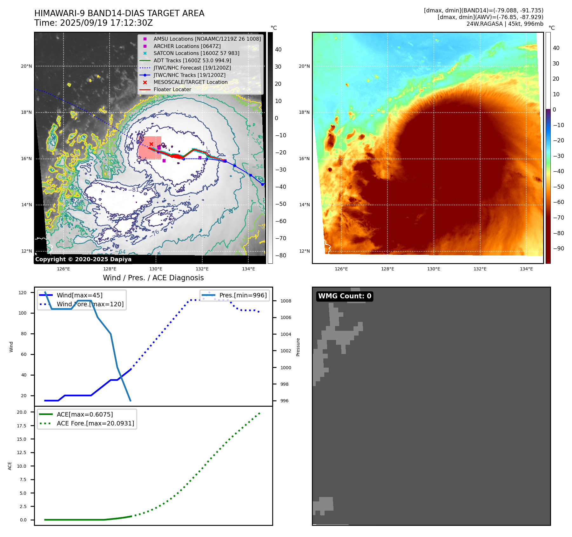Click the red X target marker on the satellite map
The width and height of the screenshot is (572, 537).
151,144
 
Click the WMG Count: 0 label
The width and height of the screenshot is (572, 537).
345,296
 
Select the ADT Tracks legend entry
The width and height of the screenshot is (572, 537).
192,60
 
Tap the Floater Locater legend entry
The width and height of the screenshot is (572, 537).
172,89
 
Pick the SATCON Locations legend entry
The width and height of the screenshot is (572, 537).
196,53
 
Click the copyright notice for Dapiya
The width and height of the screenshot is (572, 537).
83,259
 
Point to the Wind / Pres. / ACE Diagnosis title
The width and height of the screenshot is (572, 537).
153,278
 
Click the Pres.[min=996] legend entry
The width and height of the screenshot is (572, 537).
243,295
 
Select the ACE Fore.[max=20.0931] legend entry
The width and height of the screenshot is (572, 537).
95,423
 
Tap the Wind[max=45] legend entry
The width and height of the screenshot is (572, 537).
79,295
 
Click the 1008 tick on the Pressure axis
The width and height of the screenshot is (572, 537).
286,301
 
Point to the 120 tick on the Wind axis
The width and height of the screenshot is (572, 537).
23,293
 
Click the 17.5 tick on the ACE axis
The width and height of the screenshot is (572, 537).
22,426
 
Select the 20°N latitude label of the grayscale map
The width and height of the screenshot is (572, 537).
26,66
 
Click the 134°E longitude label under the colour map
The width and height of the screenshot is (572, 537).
526,269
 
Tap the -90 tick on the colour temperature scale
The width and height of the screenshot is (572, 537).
558,248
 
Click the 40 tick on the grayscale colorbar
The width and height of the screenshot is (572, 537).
278,50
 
